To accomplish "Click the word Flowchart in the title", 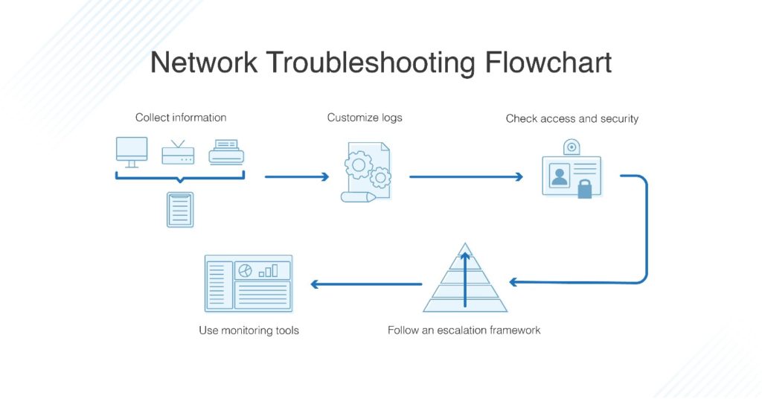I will [548, 63].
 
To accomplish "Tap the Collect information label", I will [181, 118].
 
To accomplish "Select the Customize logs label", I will [365, 118].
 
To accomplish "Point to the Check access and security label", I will [571, 118].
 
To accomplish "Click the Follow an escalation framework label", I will [464, 330].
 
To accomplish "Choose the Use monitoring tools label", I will [249, 330].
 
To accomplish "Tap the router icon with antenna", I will [178, 153].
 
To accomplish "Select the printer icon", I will [226, 153].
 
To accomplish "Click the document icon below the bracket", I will [180, 209].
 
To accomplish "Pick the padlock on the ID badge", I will [585, 189].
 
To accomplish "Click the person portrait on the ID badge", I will [559, 176].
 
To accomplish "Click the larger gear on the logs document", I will [359, 165].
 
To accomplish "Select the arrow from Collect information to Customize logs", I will [297, 177].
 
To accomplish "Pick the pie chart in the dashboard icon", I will [246, 270].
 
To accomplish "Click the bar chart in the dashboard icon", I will [268, 270].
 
